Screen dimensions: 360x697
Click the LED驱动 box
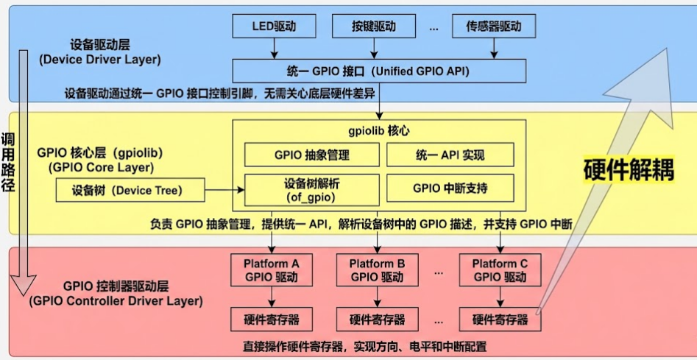coord(275,27)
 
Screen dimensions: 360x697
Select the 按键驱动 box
coord(374,27)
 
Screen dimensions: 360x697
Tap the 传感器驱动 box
coord(493,27)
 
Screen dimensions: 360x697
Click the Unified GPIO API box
coord(379,71)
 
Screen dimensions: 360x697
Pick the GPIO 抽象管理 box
coord(311,155)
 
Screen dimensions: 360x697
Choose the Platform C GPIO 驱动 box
coord(500,270)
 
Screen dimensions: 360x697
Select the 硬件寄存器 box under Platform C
coord(500,320)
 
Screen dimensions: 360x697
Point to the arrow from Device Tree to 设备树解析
coord(222,191)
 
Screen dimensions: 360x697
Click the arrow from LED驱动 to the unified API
coord(275,49)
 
